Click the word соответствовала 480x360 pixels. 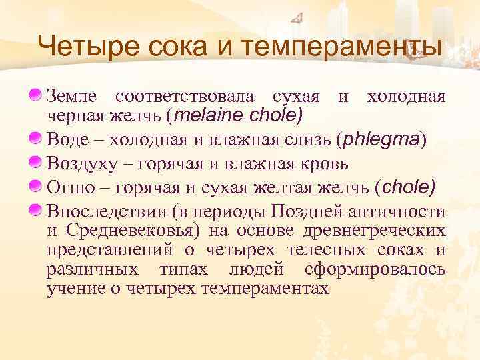[x=186, y=97]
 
